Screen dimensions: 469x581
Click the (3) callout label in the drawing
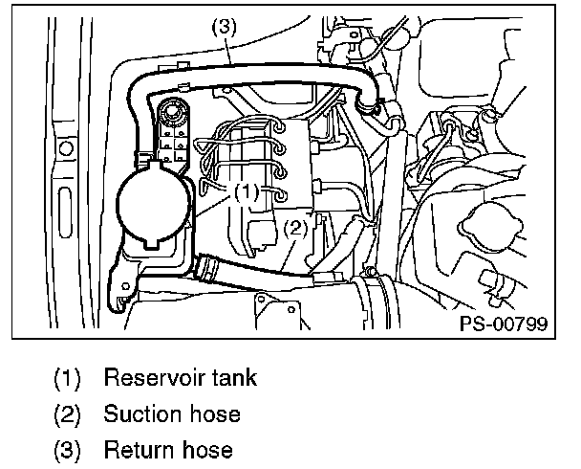click(x=223, y=29)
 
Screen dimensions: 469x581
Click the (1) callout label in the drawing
click(x=246, y=191)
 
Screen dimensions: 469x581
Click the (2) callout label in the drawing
click(x=295, y=227)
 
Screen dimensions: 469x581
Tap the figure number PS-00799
click(x=504, y=324)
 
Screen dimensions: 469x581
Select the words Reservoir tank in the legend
click(x=181, y=377)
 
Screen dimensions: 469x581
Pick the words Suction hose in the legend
click(x=172, y=413)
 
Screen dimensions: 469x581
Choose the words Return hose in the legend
click(x=168, y=450)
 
